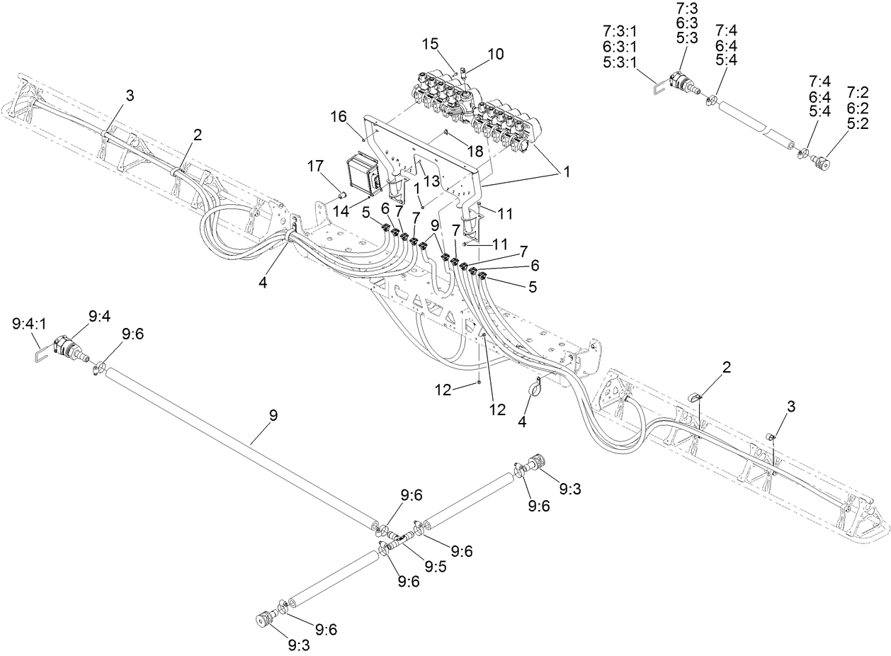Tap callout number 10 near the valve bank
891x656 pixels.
click(495, 54)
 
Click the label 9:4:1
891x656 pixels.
click(30, 324)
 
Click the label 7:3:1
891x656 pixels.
click(620, 31)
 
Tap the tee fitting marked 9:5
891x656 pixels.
click(399, 541)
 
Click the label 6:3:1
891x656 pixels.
click(620, 47)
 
